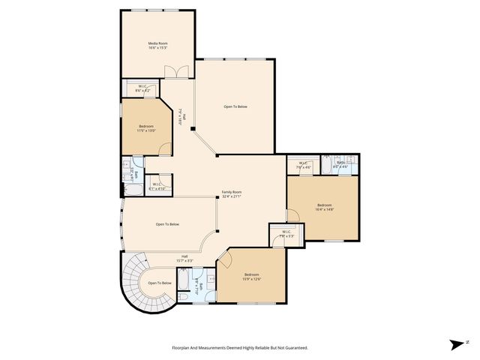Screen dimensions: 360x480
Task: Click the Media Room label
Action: tap(157, 46)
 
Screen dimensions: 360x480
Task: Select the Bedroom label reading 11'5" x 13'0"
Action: tap(145, 128)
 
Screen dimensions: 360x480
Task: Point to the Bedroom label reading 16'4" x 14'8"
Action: tap(324, 207)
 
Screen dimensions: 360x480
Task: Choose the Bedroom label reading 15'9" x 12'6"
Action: tap(250, 277)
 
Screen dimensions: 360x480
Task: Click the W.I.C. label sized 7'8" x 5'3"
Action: tap(277, 234)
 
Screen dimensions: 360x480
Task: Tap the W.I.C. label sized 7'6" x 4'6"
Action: tap(304, 165)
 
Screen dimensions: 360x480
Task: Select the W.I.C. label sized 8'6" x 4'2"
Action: tap(142, 88)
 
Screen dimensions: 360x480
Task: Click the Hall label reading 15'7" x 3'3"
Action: tap(184, 258)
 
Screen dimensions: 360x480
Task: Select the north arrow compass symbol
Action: tap(454, 344)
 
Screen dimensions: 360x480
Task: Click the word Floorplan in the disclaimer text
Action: tap(184, 347)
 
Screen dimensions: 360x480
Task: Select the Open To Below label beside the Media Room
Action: tap(235, 106)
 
